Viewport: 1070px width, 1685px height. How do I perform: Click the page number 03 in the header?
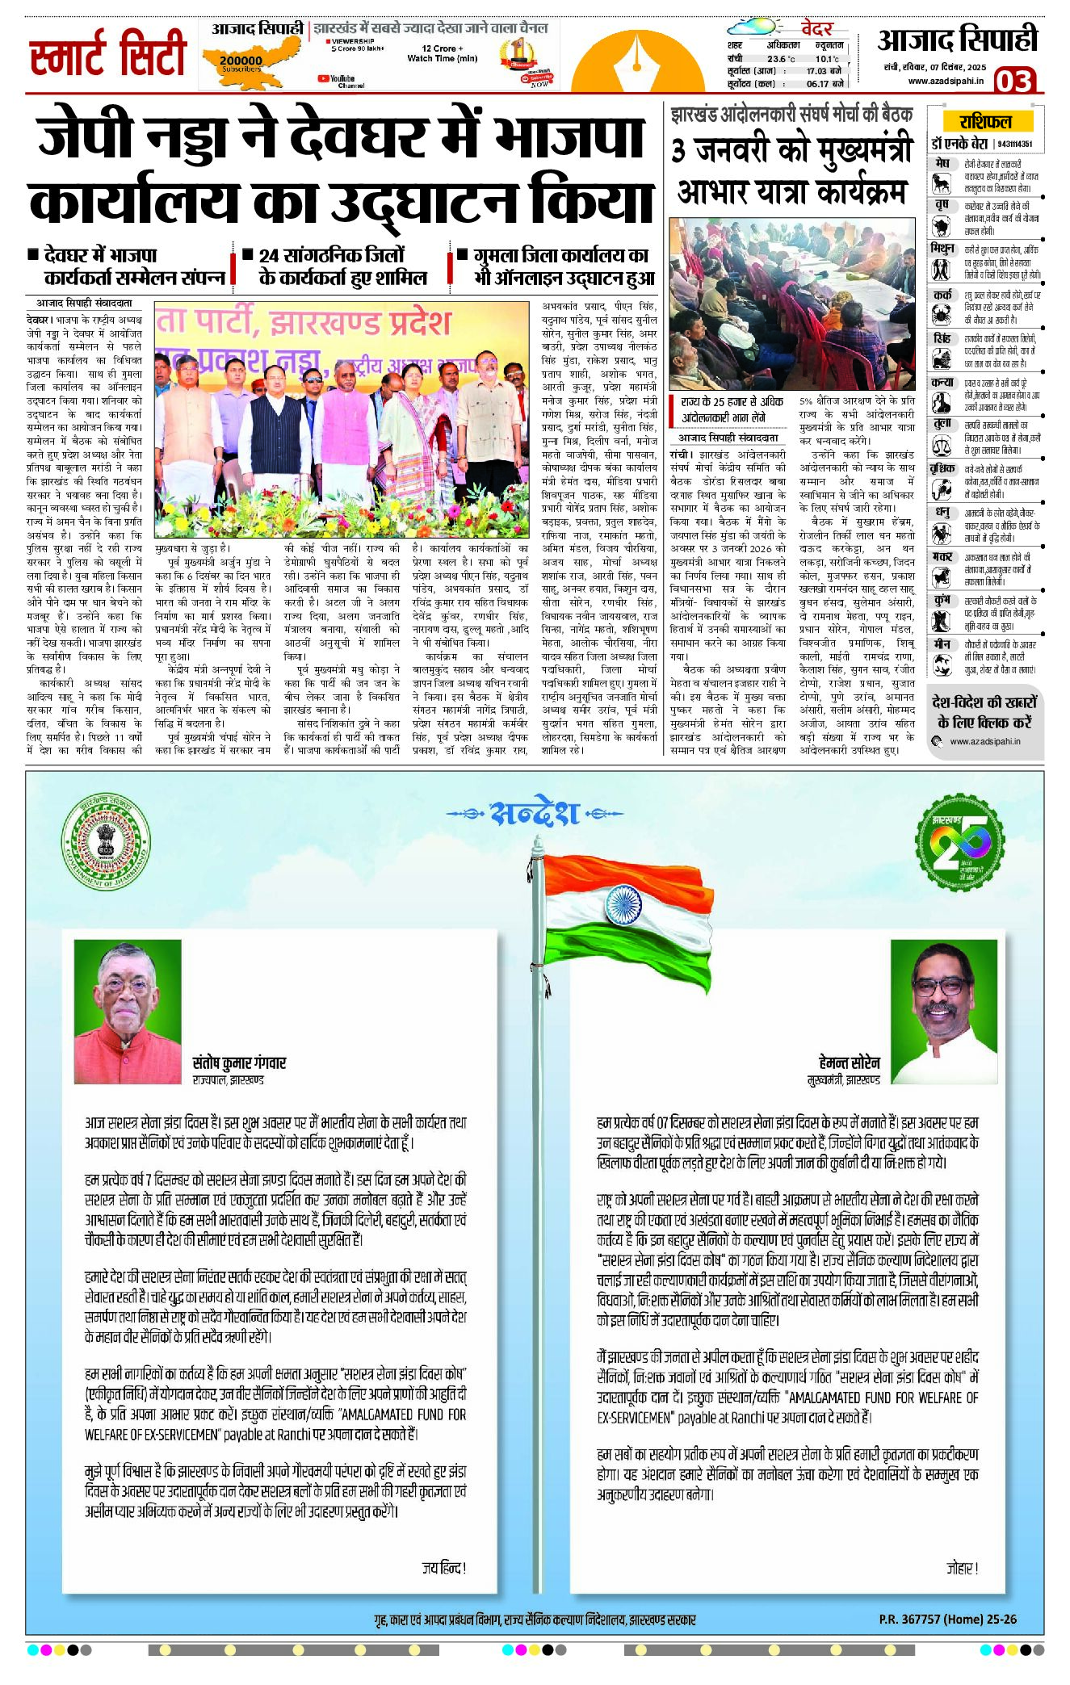pyautogui.click(x=1013, y=81)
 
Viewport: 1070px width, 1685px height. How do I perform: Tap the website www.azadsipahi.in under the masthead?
pyautogui.click(x=946, y=81)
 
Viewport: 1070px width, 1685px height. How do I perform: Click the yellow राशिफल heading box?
pyautogui.click(x=985, y=122)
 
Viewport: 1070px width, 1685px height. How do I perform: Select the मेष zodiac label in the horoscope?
pyautogui.click(x=942, y=163)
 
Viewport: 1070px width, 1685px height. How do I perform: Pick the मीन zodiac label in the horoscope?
pyautogui.click(x=942, y=644)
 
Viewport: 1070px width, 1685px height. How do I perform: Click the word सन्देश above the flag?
pyautogui.click(x=535, y=813)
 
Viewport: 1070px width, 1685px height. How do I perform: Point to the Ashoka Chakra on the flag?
pyautogui.click(x=623, y=903)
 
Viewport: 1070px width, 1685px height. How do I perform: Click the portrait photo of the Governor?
pyautogui.click(x=128, y=1011)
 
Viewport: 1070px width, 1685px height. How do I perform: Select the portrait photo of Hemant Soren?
pyautogui.click(x=944, y=1011)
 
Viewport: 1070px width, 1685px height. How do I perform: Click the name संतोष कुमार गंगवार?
pyautogui.click(x=239, y=1063)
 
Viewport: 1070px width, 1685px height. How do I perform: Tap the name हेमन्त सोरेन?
pyautogui.click(x=849, y=1063)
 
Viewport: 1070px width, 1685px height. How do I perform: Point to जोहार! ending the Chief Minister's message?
pyautogui.click(x=963, y=1568)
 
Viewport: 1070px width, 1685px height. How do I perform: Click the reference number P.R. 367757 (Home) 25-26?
pyautogui.click(x=947, y=1619)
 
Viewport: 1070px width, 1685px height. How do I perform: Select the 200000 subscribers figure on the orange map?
pyautogui.click(x=241, y=61)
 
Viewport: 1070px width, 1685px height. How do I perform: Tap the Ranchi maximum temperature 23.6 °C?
pyautogui.click(x=781, y=59)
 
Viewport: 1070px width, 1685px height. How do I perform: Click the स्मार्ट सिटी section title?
pyautogui.click(x=108, y=55)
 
